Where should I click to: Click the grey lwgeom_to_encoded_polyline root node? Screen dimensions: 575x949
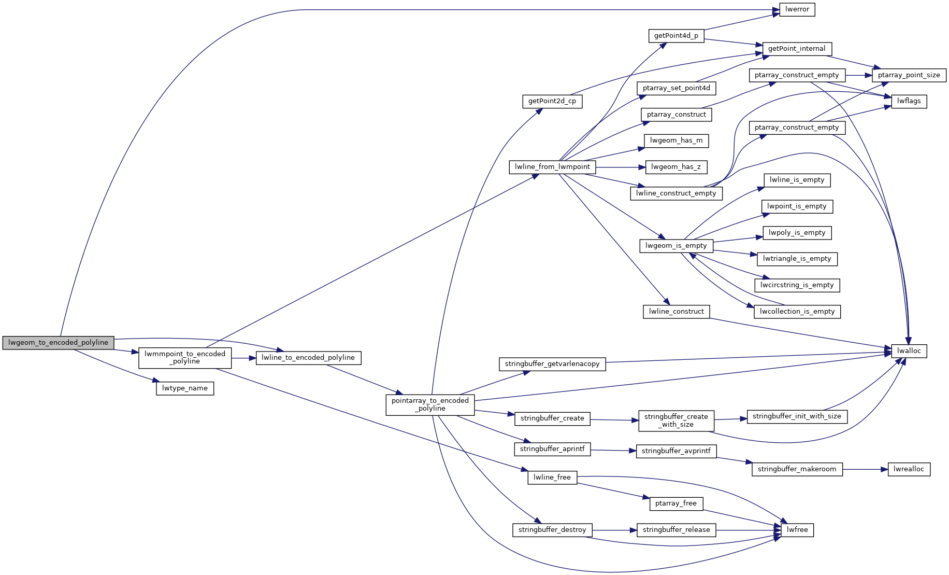click(x=58, y=343)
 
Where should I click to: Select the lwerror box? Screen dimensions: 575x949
click(x=797, y=10)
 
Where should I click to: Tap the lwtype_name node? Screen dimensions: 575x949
click(x=185, y=388)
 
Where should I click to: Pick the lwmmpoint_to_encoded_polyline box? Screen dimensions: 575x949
click(x=185, y=358)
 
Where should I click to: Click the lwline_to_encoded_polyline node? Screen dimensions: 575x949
click(x=308, y=358)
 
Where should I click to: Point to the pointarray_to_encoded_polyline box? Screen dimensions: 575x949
click(x=430, y=404)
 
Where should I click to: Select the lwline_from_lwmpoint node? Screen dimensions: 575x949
click(x=552, y=167)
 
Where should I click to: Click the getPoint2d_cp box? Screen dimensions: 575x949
click(x=552, y=101)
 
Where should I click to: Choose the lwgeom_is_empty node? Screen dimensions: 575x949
click(x=676, y=246)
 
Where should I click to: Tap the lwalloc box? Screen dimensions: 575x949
click(x=909, y=351)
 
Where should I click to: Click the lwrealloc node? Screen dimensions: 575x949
click(x=909, y=469)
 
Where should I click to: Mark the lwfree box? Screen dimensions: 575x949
click(x=797, y=530)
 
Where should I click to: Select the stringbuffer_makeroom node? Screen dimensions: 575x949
click(x=797, y=469)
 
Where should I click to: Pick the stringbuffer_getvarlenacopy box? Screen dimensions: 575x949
click(x=552, y=364)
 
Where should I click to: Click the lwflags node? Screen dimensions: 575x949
click(x=909, y=101)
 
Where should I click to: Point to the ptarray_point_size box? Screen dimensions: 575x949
click(x=909, y=75)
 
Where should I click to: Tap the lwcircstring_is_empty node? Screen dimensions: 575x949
click(x=797, y=285)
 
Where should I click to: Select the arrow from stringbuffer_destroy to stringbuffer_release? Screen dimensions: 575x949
click(x=614, y=530)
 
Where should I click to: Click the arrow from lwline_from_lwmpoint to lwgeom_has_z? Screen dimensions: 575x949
click(x=621, y=167)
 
